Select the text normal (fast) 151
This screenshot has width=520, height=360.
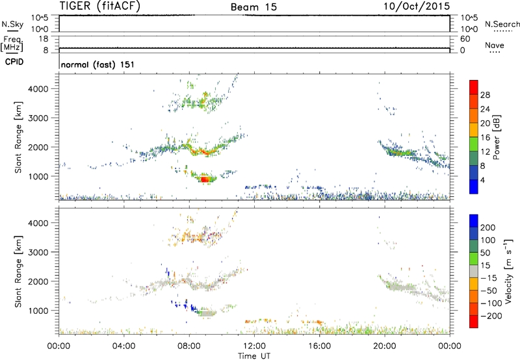coord(97,65)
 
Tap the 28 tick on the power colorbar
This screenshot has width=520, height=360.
coord(486,94)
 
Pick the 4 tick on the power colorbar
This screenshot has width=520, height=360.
coord(484,180)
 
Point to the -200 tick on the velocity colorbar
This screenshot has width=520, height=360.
coord(489,313)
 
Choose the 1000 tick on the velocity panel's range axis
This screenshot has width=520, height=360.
coord(44,311)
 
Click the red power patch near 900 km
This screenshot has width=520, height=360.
coord(206,178)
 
